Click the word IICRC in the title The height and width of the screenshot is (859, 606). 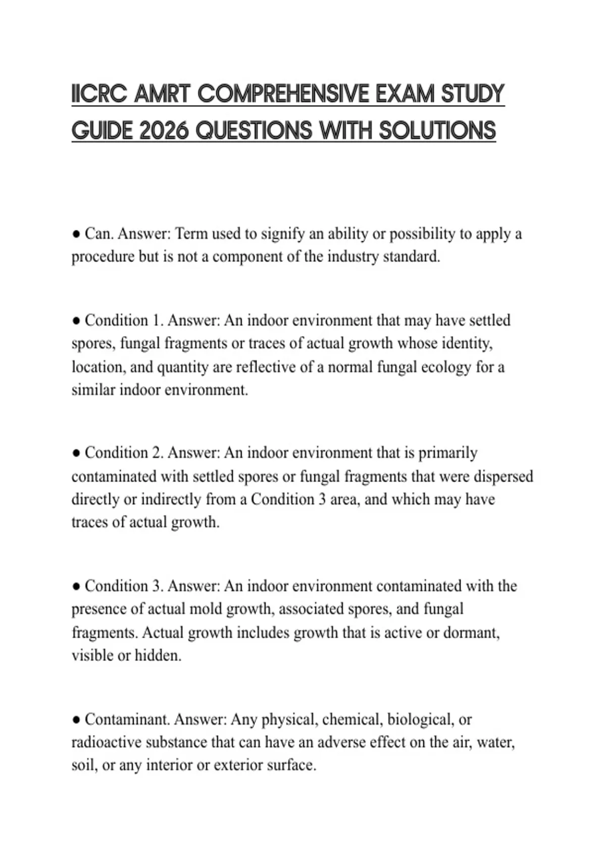[x=99, y=94]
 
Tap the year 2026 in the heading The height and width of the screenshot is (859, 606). [x=163, y=131]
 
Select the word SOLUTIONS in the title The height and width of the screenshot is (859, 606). [x=437, y=131]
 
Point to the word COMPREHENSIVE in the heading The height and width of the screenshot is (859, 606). [x=283, y=94]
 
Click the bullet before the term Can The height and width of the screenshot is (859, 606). [x=76, y=234]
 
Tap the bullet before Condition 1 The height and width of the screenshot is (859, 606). [x=76, y=321]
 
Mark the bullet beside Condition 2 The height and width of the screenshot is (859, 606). [x=76, y=453]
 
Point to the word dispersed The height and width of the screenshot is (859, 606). [x=503, y=476]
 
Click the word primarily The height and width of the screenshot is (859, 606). [x=447, y=453]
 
